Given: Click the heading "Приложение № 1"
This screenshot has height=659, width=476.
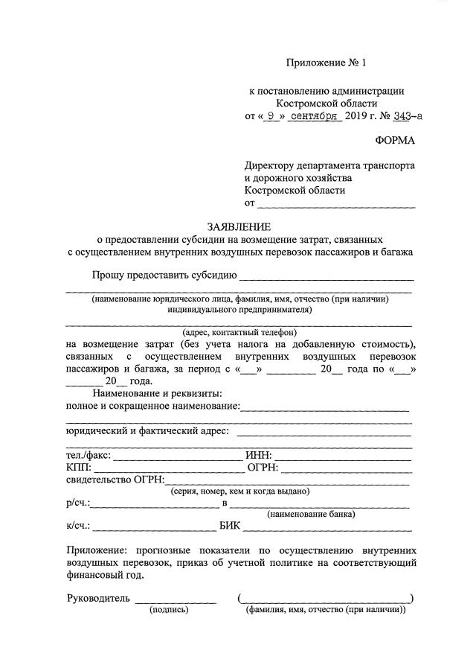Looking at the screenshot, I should [x=327, y=64].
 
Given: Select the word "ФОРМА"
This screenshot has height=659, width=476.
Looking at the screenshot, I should [x=395, y=141].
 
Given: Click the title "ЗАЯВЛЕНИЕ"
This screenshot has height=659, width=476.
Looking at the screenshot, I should [x=239, y=226].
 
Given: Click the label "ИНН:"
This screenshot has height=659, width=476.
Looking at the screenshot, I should [x=260, y=456].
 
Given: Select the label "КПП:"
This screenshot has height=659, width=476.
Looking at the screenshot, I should [x=78, y=468].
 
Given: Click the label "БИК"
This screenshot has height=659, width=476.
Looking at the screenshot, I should [x=231, y=526].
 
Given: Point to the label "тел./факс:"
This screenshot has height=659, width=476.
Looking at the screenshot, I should [x=89, y=456].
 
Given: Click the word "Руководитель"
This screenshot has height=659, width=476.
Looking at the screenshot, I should [x=98, y=598].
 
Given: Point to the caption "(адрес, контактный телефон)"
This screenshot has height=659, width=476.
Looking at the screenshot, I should [x=239, y=332].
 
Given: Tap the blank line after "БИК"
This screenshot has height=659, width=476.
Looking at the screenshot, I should [x=327, y=527].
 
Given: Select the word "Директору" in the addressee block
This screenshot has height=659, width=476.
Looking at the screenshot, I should [x=271, y=165].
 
